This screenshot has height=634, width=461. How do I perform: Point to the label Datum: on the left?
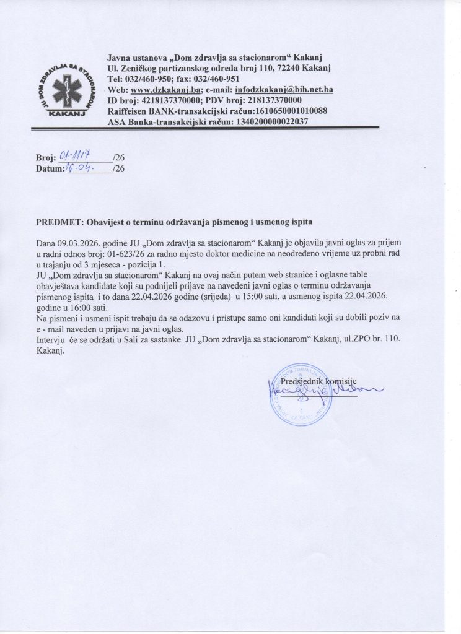tap(51, 169)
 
